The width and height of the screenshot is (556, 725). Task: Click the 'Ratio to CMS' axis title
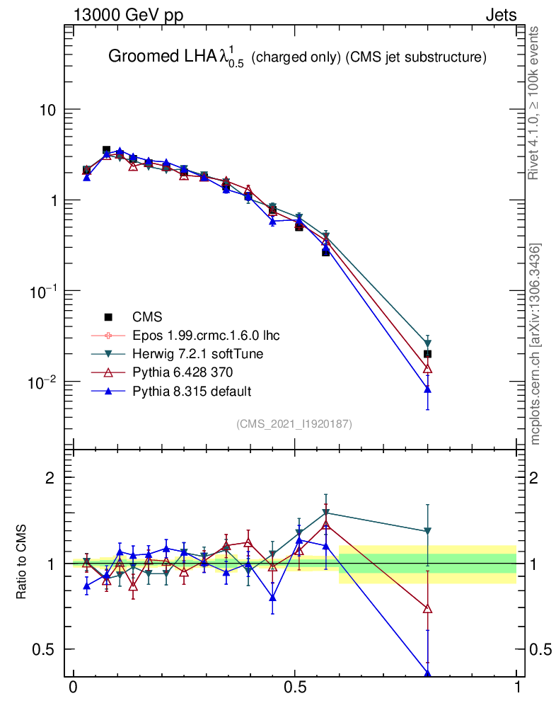[x=22, y=564]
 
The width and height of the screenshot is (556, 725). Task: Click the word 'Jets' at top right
[x=500, y=15]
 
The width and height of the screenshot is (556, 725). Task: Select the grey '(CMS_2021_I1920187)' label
[x=294, y=424]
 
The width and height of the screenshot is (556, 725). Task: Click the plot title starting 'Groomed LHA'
[x=297, y=58]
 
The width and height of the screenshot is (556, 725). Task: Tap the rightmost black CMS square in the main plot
[x=427, y=354]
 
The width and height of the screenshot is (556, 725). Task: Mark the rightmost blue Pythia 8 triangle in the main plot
[x=427, y=389]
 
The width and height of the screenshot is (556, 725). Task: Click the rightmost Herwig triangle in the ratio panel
[x=427, y=531]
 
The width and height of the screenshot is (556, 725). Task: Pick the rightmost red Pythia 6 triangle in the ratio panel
[x=427, y=608]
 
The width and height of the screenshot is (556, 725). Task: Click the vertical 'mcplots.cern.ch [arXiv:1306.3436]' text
[x=536, y=344]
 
